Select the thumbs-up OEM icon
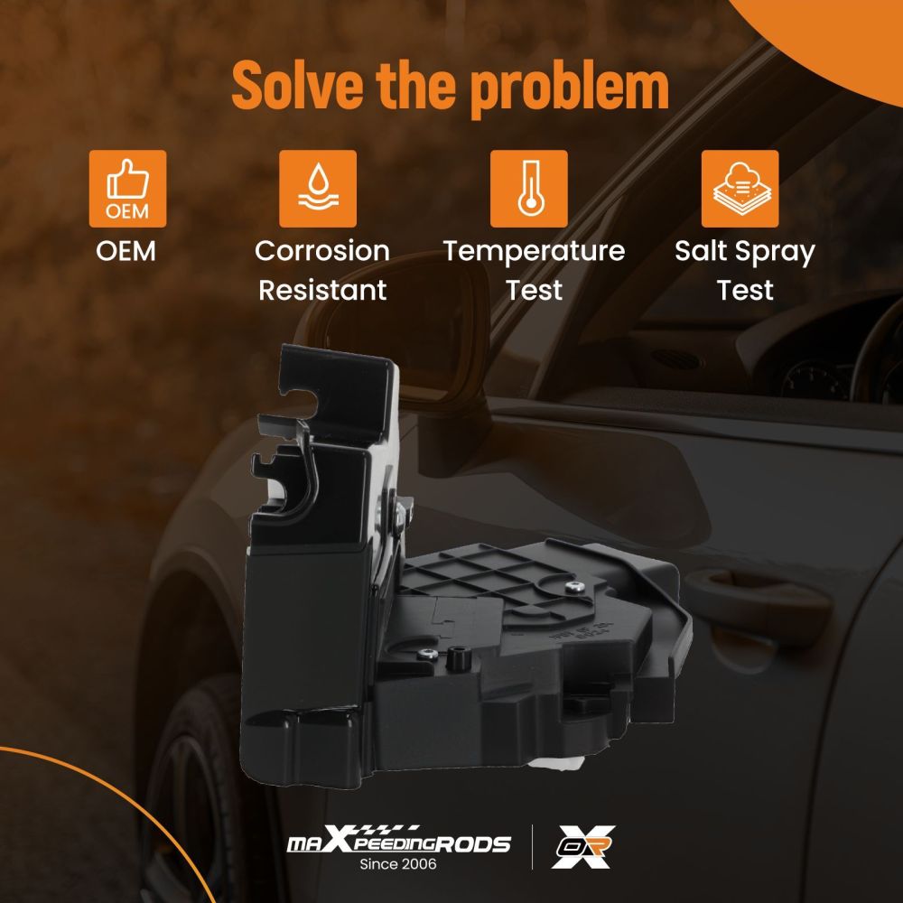click(x=128, y=189)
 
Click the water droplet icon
click(x=318, y=189)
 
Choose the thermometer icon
click(x=528, y=189)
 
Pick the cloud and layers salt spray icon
click(x=740, y=189)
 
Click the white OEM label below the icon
click(x=126, y=251)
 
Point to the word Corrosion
click(x=322, y=251)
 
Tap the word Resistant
click(x=322, y=290)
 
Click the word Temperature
click(x=534, y=252)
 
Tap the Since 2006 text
click(x=398, y=864)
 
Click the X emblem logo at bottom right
click(x=583, y=847)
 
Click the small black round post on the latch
click(x=457, y=657)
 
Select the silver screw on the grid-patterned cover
click(x=573, y=587)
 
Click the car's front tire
click(x=190, y=795)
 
